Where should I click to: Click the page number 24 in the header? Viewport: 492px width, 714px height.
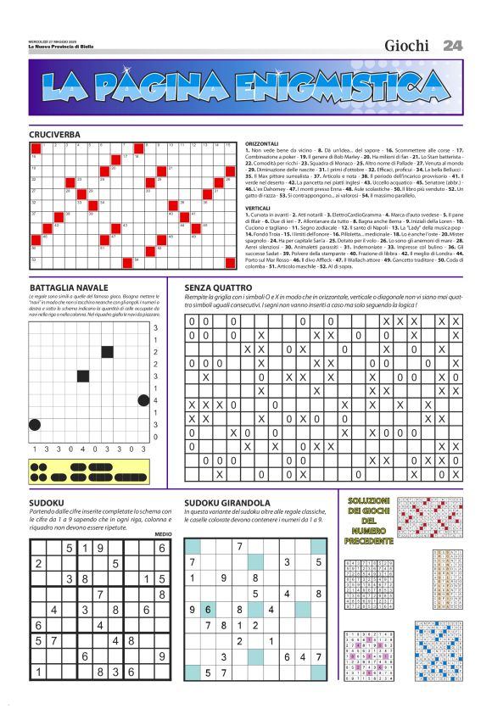[x=453, y=45]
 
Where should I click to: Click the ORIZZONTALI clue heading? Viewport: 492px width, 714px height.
[x=263, y=144]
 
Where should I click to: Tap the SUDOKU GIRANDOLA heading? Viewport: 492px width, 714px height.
[x=227, y=503]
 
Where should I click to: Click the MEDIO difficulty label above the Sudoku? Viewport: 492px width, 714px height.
[x=163, y=533]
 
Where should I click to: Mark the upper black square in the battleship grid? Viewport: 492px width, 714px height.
[x=108, y=352]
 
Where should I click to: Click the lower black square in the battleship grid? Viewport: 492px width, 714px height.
[x=83, y=376]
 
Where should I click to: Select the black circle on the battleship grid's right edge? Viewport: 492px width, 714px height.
[x=143, y=400]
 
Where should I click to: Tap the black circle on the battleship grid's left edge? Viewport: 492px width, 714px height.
[x=34, y=424]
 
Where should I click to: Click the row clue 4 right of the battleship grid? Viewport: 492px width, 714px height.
[x=155, y=400]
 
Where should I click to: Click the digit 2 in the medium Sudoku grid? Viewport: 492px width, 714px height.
[x=38, y=563]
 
